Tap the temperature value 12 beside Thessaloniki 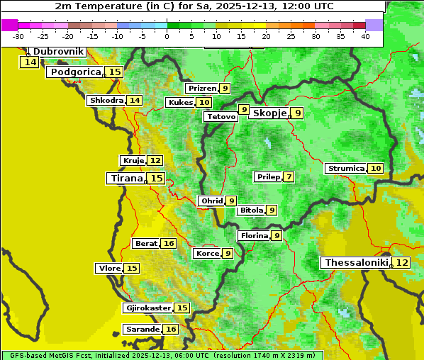click(402, 263)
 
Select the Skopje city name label click(269, 113)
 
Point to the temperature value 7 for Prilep click(289, 176)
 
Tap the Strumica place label click(346, 169)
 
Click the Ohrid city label click(211, 201)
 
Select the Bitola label click(251, 210)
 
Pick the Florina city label click(254, 235)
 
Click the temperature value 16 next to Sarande click(171, 330)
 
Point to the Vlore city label click(108, 269)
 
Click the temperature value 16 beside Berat click(168, 244)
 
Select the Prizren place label click(201, 89)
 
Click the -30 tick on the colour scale click(19, 36)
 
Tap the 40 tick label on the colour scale click(365, 36)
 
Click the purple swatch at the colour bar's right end click(374, 25)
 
